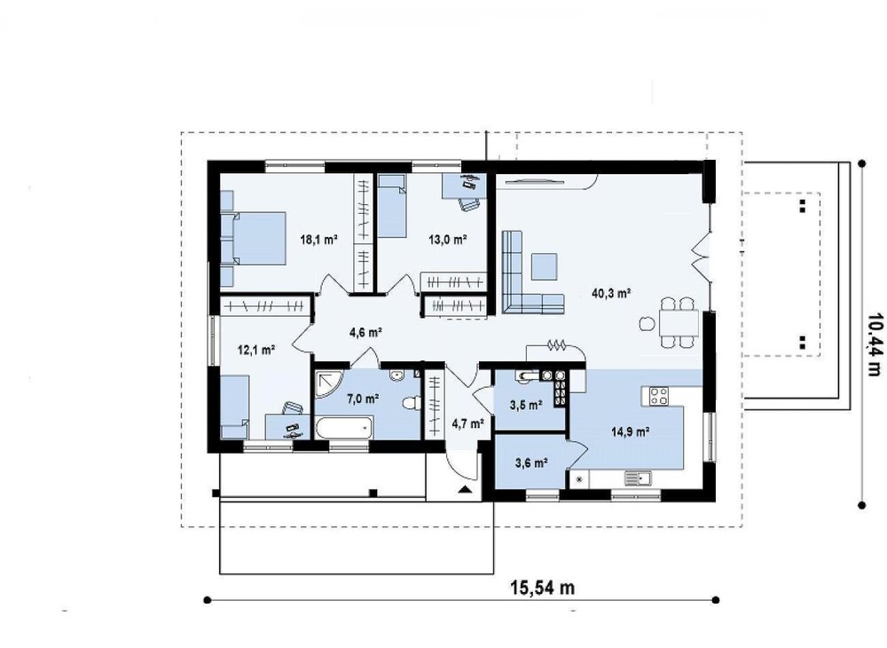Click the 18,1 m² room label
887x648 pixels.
pos(318,240)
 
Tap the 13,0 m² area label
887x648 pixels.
pos(447,240)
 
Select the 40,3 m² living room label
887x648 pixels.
pos(611,293)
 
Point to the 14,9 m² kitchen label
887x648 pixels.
pos(630,431)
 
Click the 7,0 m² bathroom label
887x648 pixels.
pos(363,399)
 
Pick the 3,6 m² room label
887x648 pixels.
pos(531,463)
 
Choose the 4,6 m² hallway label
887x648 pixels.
pos(365,332)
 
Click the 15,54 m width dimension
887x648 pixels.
pos(543,588)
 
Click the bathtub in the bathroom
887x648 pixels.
pos(344,427)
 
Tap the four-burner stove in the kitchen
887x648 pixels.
pos(659,395)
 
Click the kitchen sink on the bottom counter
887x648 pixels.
pos(638,478)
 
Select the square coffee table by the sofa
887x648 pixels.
pos(544,266)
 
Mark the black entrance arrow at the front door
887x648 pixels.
pos(465,490)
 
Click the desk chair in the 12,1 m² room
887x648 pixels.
pos(293,408)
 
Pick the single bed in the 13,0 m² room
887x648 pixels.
pos(391,205)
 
